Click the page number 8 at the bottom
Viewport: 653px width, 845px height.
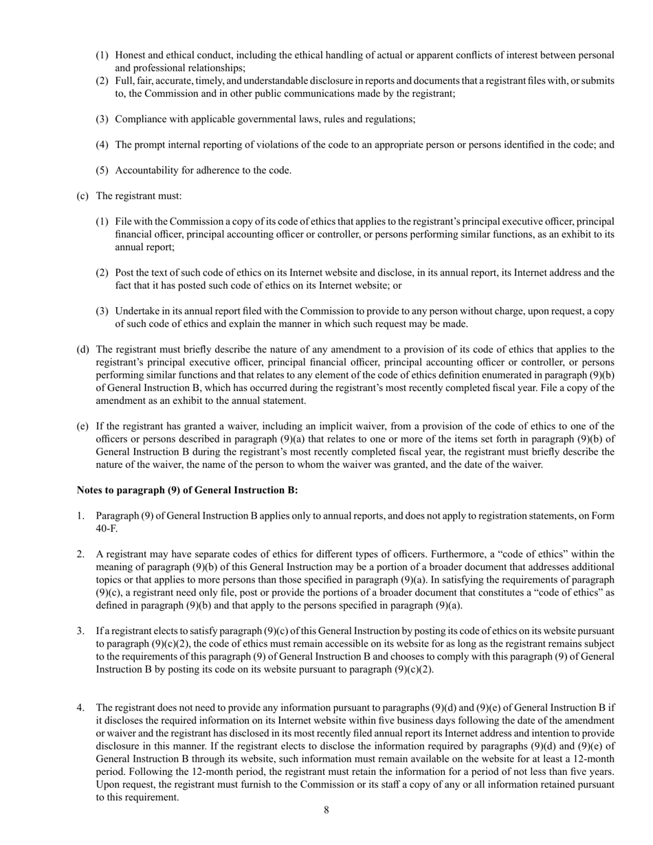point(326,811)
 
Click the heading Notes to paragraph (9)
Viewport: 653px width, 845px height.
point(187,491)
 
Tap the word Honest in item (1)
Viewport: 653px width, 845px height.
point(131,55)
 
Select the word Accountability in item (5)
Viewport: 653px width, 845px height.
point(146,170)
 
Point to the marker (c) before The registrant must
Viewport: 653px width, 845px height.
point(82,196)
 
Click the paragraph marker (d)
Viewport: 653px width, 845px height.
point(82,350)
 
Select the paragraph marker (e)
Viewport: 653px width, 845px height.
point(82,427)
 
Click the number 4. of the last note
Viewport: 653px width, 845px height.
point(80,708)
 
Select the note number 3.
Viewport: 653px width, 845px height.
point(80,631)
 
